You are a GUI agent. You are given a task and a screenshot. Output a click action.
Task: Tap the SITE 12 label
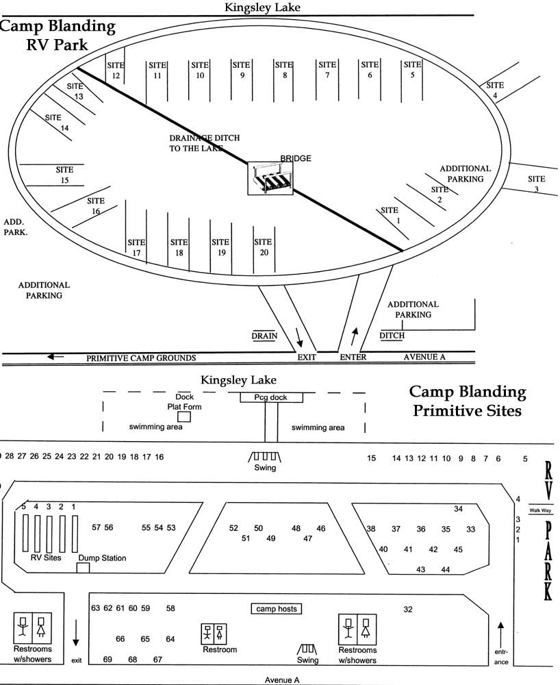tap(116, 70)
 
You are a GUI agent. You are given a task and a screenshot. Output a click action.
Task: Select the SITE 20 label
tap(263, 247)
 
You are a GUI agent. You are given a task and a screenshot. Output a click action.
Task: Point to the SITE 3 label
tap(537, 184)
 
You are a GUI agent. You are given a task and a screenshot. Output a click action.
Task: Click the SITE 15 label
tap(65, 175)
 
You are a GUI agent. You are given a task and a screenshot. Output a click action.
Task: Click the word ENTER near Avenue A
tap(353, 358)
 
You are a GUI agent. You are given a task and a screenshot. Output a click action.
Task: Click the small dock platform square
tap(184, 416)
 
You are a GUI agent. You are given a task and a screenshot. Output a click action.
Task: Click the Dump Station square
tap(83, 567)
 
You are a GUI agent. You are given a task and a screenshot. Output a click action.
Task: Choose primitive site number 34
tap(459, 509)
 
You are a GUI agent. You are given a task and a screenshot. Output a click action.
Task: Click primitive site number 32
tap(408, 609)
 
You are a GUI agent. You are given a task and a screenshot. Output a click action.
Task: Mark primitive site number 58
tap(170, 608)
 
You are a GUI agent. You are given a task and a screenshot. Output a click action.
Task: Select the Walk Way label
tap(539, 510)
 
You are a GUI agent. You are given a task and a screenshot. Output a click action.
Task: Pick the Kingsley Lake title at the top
tap(263, 8)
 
